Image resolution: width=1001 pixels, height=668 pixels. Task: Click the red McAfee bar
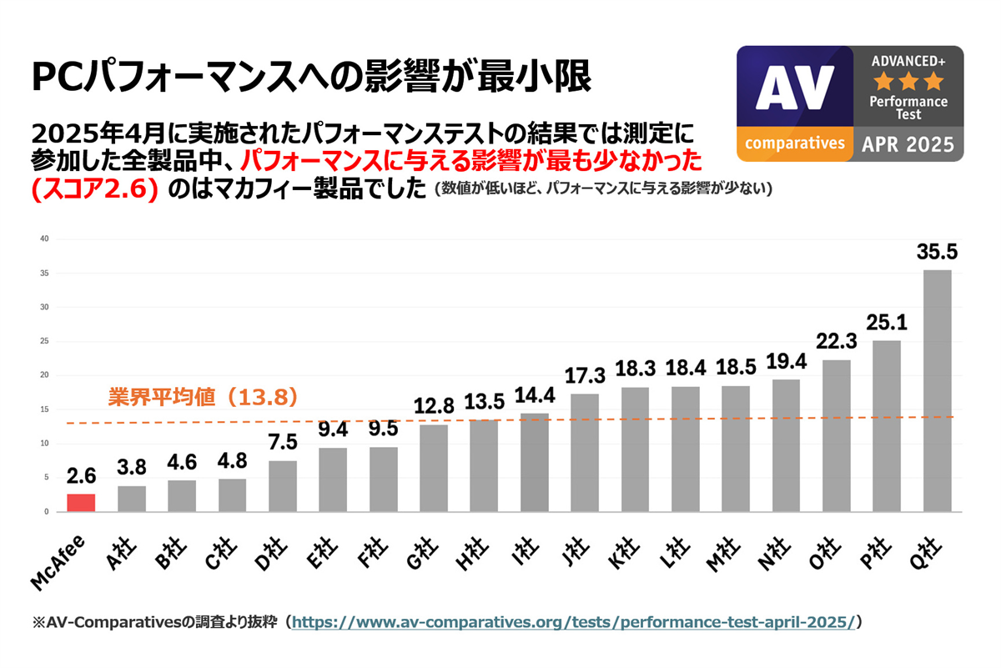tap(82, 503)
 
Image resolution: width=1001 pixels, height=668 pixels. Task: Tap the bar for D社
tap(283, 486)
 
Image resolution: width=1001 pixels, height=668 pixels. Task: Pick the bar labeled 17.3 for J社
tap(585, 453)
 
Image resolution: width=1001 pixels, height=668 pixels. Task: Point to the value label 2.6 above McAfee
tap(82, 476)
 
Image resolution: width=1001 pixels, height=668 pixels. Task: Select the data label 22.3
tap(837, 342)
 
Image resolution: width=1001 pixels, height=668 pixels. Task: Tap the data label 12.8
tap(434, 407)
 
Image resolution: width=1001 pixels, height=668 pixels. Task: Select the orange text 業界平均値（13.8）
tap(204, 398)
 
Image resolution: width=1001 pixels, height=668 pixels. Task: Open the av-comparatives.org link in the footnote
tap(574, 622)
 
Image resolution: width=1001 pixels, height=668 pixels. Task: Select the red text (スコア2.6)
tap(93, 188)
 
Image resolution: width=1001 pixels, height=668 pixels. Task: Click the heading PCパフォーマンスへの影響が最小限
tap(311, 78)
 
